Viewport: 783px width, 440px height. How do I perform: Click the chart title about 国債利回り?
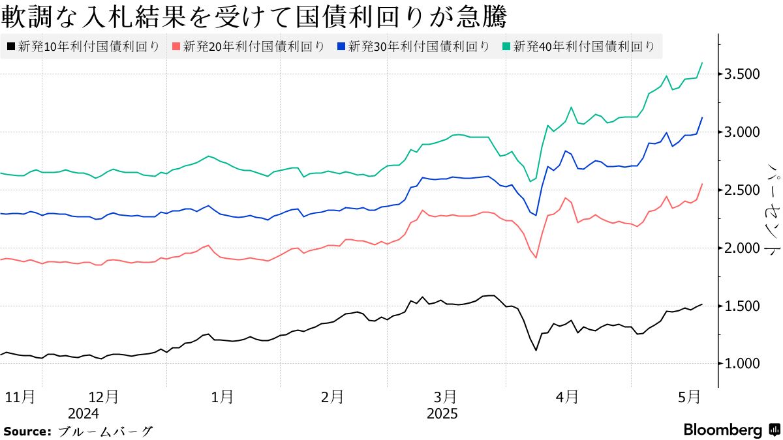click(x=254, y=16)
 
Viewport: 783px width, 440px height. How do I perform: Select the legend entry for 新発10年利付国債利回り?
click(x=83, y=46)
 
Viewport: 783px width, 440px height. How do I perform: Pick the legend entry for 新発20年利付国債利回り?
click(x=248, y=46)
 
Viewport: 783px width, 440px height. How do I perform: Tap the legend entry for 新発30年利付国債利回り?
click(x=412, y=46)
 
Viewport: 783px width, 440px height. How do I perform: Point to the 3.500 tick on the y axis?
click(x=743, y=74)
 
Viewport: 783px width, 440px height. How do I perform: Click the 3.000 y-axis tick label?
click(x=743, y=132)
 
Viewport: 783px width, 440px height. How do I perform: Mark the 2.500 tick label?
click(x=743, y=190)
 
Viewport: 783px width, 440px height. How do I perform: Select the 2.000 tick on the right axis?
click(x=743, y=248)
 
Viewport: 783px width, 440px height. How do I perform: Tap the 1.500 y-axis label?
click(x=743, y=306)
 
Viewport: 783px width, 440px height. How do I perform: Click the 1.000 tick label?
click(x=743, y=364)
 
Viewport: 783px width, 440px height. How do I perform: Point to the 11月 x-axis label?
click(x=19, y=396)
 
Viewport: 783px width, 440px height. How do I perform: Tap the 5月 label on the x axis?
click(x=688, y=396)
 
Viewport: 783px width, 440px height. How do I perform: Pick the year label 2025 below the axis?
click(x=442, y=413)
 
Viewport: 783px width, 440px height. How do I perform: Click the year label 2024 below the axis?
click(x=83, y=413)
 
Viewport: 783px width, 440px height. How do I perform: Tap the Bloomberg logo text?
click(x=722, y=430)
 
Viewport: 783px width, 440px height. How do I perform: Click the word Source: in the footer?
click(x=27, y=431)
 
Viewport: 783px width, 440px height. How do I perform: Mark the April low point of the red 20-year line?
click(x=536, y=257)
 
